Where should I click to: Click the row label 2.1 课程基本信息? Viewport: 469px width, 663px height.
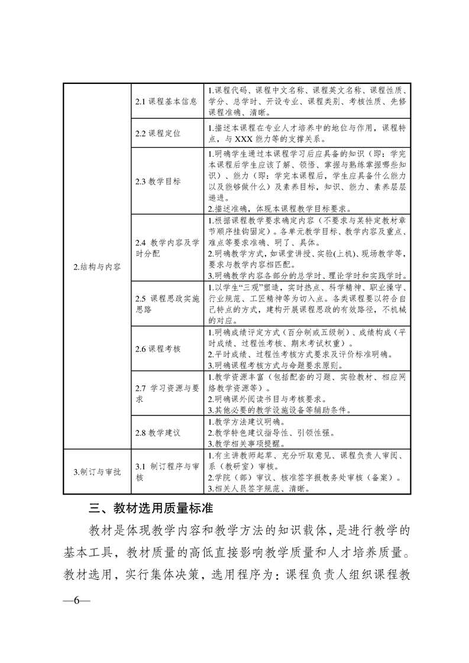pos(166,101)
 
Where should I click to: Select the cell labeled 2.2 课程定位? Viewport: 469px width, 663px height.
pos(157,134)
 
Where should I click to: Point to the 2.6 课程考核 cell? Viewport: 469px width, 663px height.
pos(157,349)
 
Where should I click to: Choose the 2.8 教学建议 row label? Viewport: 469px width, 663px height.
pos(157,433)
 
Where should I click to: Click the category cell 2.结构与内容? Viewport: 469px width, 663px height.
pos(97,267)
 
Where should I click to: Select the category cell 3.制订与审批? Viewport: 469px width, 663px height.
pos(97,472)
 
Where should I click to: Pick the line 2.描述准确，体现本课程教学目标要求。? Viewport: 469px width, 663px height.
pos(280,208)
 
